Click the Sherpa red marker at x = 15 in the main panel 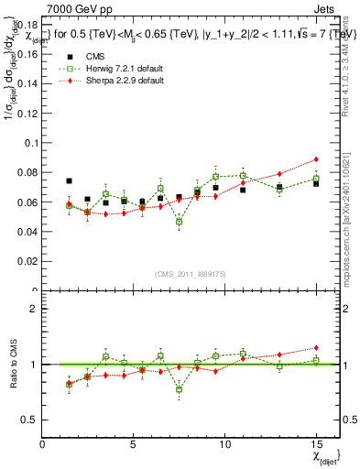pos(315,159)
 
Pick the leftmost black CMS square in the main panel pos(70,181)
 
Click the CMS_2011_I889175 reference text pos(179,274)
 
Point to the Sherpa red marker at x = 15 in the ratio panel pos(315,348)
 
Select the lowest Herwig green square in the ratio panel pos(179,389)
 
